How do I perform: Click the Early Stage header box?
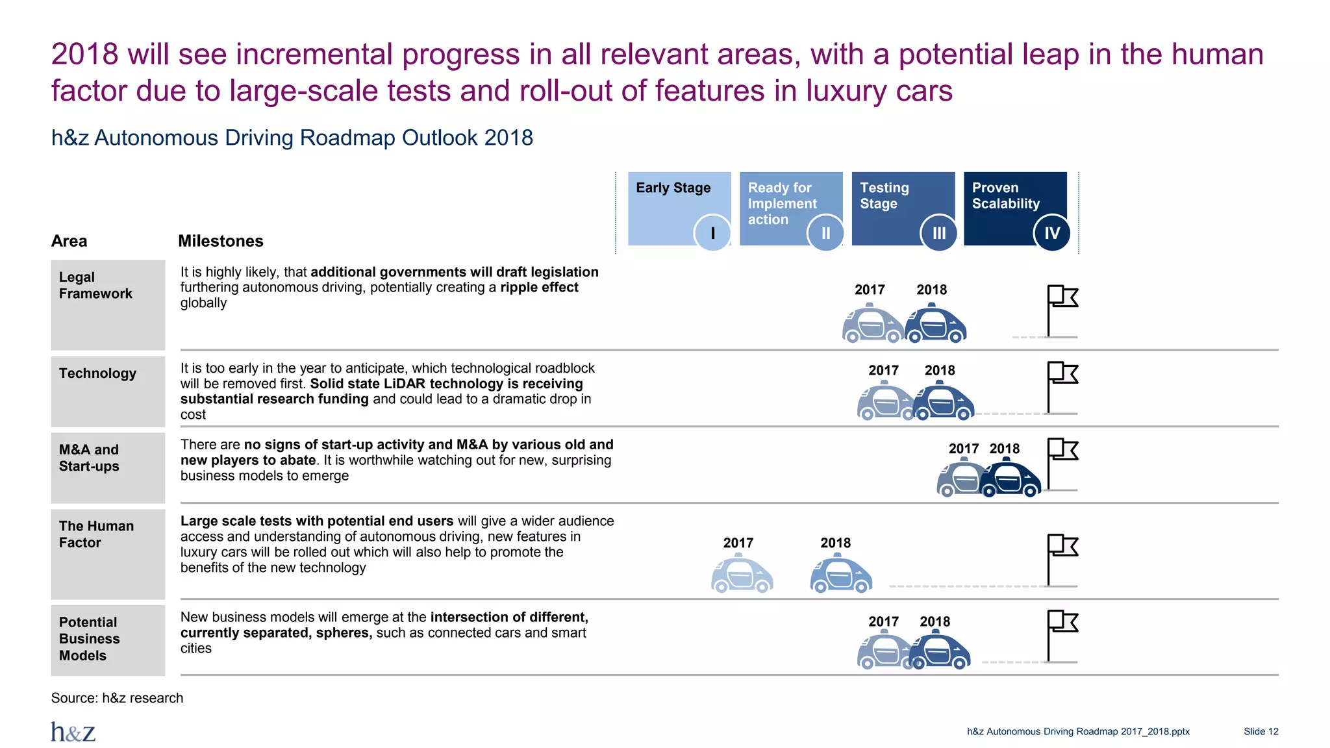click(675, 201)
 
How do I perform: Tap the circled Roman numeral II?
click(825, 233)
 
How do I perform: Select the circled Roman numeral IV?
click(1051, 233)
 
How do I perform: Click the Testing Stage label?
click(884, 195)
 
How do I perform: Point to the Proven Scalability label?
click(1005, 195)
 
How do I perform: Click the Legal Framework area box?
click(108, 305)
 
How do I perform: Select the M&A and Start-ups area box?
click(108, 467)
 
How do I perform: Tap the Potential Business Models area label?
click(90, 639)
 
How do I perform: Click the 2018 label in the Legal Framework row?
click(931, 290)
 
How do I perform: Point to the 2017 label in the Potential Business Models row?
click(883, 622)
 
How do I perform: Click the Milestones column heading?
click(221, 241)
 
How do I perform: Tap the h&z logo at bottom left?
click(73, 732)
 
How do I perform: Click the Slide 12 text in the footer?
click(1261, 732)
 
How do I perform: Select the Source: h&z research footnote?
click(117, 698)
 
